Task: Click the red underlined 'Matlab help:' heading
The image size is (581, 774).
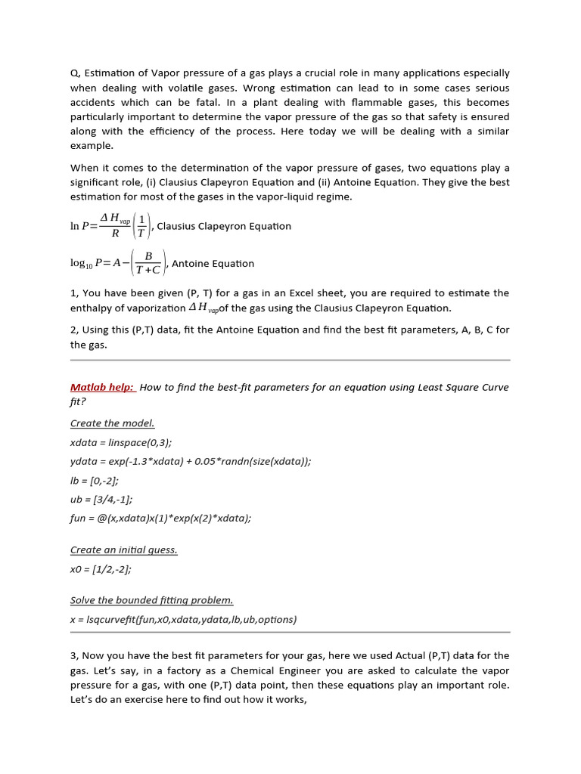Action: pos(102,388)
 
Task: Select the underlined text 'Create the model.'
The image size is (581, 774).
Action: pos(112,423)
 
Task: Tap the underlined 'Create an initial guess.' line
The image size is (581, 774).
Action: pos(123,550)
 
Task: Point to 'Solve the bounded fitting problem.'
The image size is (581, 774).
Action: pos(151,600)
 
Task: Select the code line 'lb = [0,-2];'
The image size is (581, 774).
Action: pos(94,480)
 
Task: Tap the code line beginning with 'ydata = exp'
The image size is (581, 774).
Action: pos(190,461)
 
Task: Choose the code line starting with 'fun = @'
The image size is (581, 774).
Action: pos(160,518)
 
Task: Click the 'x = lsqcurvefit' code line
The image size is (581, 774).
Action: pos(183,619)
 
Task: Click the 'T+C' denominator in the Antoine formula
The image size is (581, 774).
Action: pos(148,270)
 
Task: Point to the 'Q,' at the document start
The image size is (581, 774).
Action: pos(75,74)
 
